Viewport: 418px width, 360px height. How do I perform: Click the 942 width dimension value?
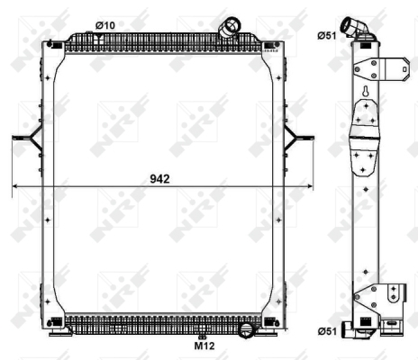(159, 179)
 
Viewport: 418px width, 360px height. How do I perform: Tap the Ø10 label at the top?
(105, 25)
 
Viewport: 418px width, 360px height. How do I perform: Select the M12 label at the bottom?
(204, 346)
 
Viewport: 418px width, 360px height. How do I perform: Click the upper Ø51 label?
(327, 36)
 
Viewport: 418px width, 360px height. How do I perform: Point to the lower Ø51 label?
(327, 331)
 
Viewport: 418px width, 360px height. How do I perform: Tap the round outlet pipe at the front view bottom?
(247, 330)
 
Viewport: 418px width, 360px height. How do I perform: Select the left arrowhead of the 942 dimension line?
(15, 186)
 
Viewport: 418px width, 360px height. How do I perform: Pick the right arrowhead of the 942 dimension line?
(309, 186)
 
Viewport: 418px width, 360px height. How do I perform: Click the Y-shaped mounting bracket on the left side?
(30, 138)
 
